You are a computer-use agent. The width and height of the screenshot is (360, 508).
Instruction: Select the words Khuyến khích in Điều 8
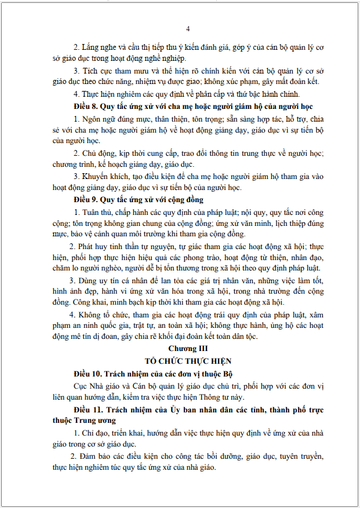[104, 176]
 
